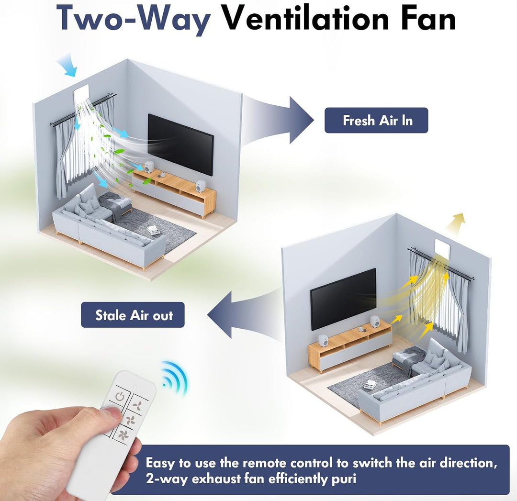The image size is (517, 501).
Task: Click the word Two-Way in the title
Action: coord(134,19)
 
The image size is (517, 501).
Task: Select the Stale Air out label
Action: coord(133,315)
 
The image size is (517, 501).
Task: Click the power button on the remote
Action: coord(120,395)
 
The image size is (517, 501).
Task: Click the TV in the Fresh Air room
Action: coord(180,145)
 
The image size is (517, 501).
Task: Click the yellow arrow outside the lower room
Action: coord(456,223)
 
